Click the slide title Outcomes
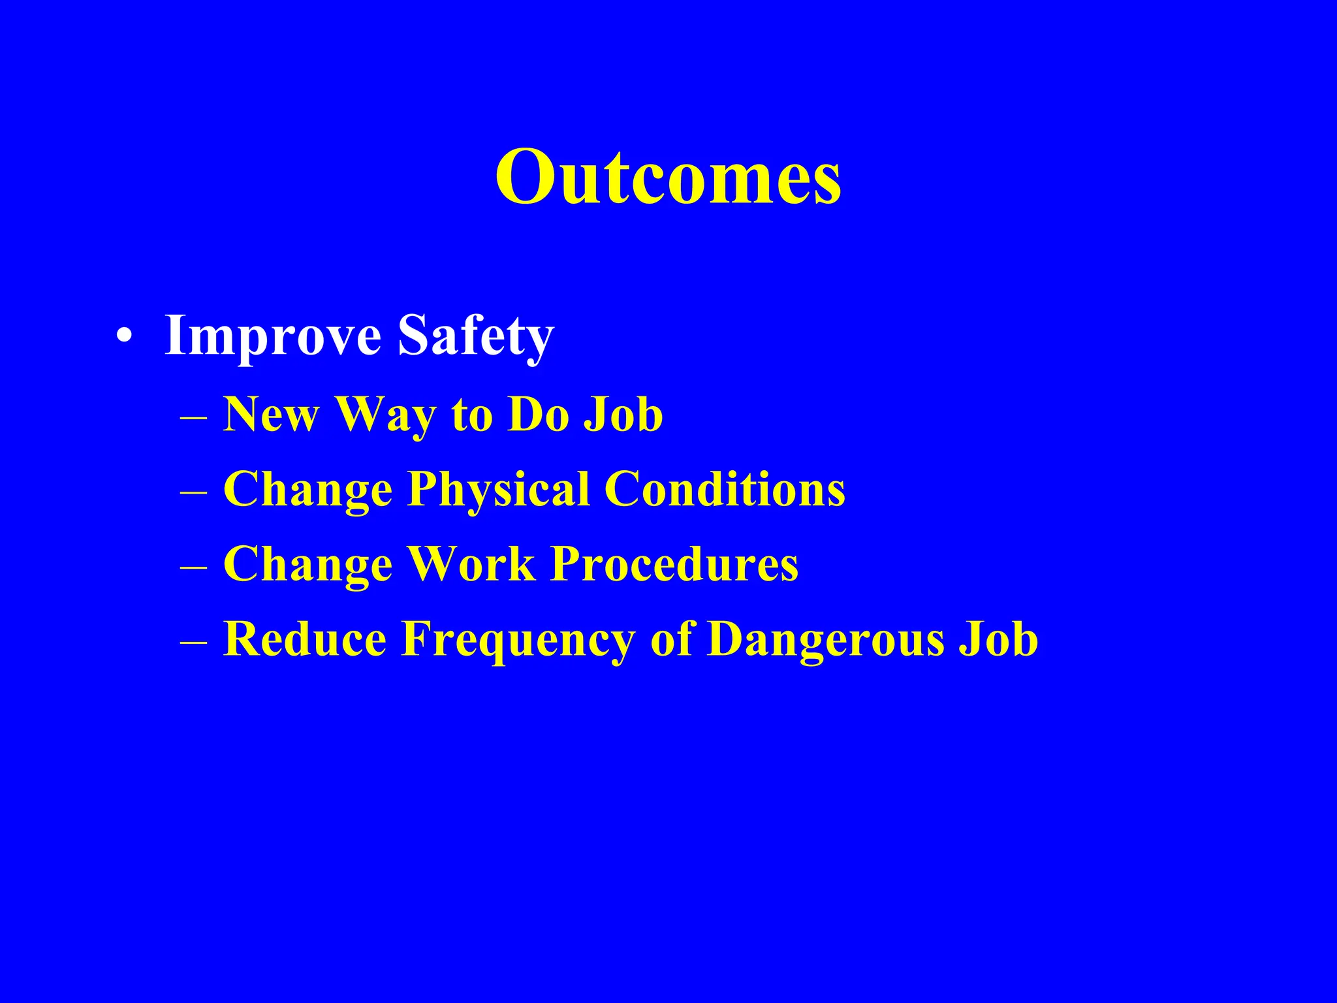tap(668, 176)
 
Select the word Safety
tap(476, 336)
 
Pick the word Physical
tap(499, 490)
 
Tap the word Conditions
tap(725, 489)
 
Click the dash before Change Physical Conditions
tap(193, 492)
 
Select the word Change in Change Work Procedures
tap(307, 565)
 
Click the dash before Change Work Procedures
tap(193, 567)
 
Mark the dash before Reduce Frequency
tap(193, 642)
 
